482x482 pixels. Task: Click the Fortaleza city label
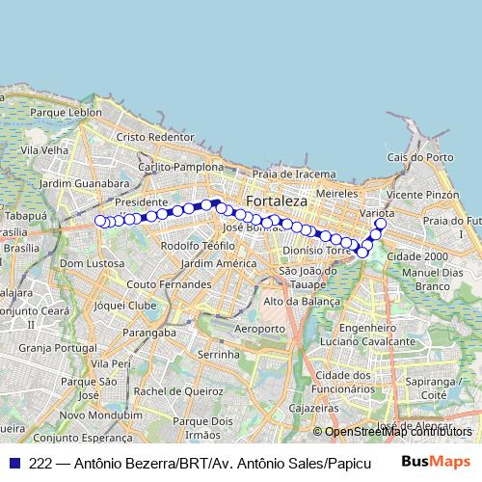276,201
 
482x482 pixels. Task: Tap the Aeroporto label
260,329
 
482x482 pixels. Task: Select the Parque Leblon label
66,112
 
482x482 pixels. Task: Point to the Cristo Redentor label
154,137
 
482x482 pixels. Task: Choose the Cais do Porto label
419,156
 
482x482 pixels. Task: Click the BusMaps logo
437,462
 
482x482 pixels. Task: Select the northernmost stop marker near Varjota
380,225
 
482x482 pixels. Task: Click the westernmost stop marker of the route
99,221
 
